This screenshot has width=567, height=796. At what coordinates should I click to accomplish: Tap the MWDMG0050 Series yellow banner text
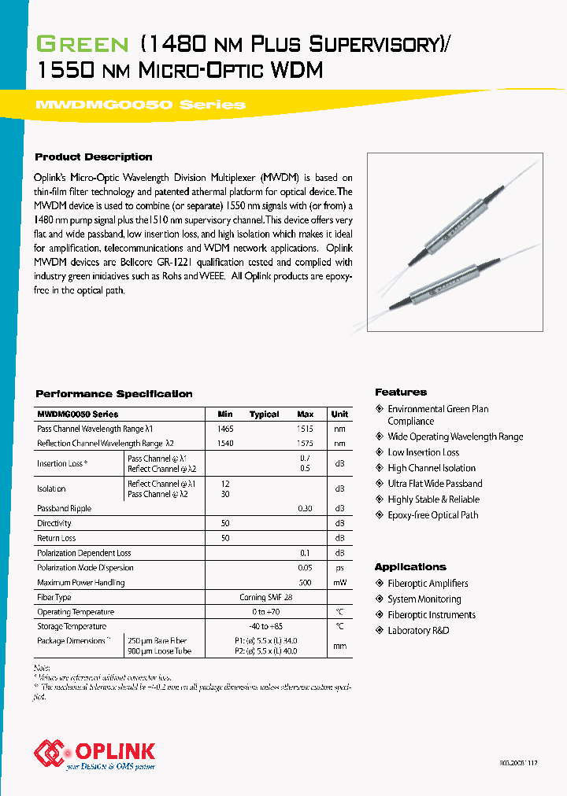click(141, 105)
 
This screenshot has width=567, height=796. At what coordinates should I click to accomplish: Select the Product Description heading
click(94, 157)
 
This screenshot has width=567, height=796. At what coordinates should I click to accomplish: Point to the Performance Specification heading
click(114, 394)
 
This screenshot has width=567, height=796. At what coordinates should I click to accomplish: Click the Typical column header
click(264, 415)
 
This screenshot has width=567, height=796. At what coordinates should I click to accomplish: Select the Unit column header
click(339, 415)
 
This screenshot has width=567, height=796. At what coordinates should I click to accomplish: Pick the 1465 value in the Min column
click(225, 429)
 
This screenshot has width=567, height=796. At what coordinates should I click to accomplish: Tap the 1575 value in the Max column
click(305, 444)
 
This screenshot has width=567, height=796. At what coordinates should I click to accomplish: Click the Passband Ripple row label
click(65, 509)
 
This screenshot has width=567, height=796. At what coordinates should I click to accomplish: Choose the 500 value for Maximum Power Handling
click(305, 583)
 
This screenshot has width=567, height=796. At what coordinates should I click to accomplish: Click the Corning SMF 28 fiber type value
click(265, 598)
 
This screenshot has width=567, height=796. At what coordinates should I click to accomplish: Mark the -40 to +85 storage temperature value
click(265, 627)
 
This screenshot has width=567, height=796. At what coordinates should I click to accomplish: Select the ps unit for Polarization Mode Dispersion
click(339, 568)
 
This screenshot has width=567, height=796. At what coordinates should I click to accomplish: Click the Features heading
click(401, 392)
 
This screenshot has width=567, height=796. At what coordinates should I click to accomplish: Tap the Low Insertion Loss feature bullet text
click(423, 452)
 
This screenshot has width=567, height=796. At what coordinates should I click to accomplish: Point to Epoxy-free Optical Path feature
click(432, 515)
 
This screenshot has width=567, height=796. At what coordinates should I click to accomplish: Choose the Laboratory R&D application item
click(418, 631)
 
